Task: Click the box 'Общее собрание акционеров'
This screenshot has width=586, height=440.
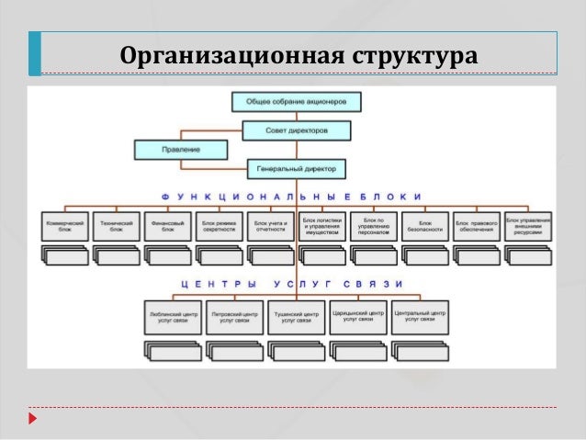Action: click(296, 101)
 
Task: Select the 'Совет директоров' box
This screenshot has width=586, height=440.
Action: click(296, 131)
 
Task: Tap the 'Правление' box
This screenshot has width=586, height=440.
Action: click(168, 150)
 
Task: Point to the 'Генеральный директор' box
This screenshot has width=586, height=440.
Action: click(296, 169)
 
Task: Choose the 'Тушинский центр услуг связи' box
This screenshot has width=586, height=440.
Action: click(296, 316)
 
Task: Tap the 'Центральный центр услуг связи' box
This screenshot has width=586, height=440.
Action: click(419, 316)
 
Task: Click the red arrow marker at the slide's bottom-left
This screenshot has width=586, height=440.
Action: click(33, 419)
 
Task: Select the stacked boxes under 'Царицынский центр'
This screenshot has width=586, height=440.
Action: click(357, 350)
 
